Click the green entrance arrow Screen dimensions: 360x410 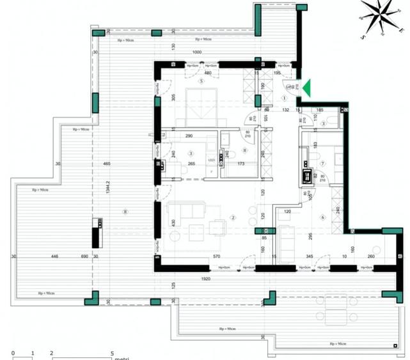click(306, 88)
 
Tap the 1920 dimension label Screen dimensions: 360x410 click(205, 279)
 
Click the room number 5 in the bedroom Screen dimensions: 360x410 click(201, 82)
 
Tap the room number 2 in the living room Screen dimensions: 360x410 click(233, 218)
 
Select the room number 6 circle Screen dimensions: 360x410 click(322, 217)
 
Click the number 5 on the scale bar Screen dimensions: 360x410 click(112, 352)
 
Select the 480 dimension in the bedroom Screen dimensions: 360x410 click(190, 72)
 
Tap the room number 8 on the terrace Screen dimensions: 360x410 click(125, 212)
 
